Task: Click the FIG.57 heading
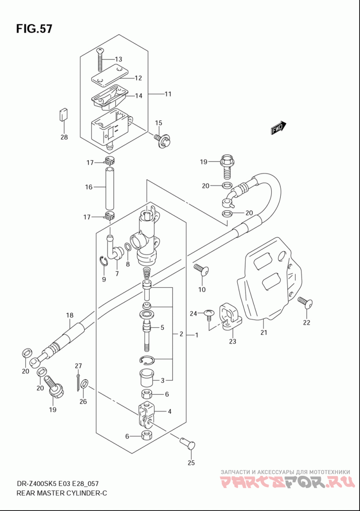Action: tap(34, 29)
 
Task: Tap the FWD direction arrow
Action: tap(278, 128)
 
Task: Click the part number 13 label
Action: tap(118, 59)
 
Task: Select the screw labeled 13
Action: tap(100, 59)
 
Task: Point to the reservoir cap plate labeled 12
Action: tap(108, 75)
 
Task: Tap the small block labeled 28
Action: tap(63, 115)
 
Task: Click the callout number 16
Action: tap(89, 187)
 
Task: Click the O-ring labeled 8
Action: tap(128, 247)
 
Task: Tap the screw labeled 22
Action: tap(305, 303)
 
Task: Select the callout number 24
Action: tap(193, 314)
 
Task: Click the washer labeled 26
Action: tap(84, 384)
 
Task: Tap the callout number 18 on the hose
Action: tap(70, 315)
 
